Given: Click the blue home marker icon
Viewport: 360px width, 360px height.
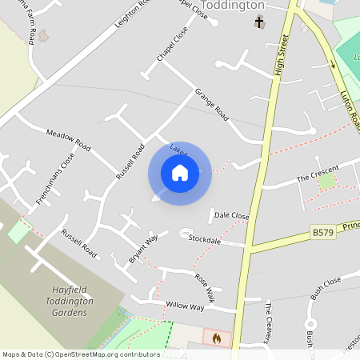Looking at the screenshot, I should [x=179, y=172].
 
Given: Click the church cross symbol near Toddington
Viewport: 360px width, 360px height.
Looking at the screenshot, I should [x=258, y=22].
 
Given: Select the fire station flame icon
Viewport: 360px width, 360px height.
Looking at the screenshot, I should [x=215, y=338].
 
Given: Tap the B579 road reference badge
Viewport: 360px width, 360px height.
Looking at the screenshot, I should [x=323, y=232].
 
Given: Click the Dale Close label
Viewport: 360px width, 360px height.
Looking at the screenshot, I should [x=232, y=216].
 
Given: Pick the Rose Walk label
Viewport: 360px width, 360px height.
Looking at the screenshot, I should [x=206, y=284].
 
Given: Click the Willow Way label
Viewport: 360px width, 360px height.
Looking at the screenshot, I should [x=185, y=306].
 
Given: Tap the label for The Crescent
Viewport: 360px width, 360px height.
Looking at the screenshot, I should [x=318, y=173].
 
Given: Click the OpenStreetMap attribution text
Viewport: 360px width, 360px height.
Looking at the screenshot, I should [x=82, y=354].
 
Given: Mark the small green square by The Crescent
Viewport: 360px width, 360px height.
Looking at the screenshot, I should [x=326, y=182].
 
